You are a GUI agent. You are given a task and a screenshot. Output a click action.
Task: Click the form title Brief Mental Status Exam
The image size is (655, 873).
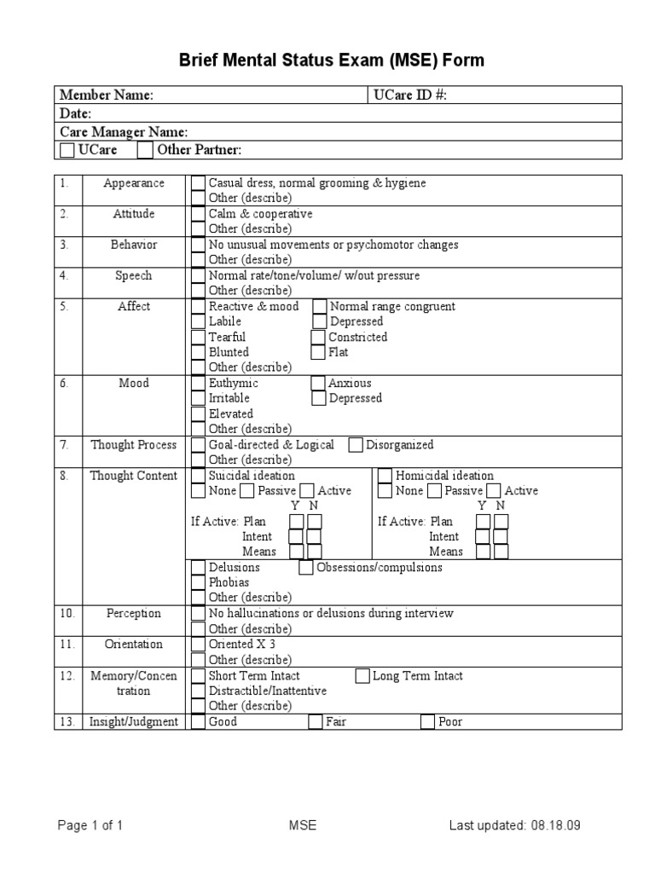[x=331, y=61]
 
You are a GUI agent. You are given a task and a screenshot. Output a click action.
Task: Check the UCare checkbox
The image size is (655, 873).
[x=67, y=151]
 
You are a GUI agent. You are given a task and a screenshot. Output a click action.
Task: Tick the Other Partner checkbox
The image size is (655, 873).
[x=145, y=151]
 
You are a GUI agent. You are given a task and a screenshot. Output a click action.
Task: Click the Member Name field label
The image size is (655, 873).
[x=106, y=95]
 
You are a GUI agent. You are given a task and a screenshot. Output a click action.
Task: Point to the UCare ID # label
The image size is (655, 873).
[x=410, y=95]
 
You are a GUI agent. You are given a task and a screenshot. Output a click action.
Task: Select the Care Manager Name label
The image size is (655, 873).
[x=124, y=132]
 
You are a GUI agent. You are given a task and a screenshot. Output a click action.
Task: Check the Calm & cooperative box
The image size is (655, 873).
[x=198, y=214]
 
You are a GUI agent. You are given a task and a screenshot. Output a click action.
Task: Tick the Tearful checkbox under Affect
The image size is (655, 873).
[x=198, y=337]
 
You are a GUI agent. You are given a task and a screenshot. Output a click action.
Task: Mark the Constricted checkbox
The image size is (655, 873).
[x=318, y=337]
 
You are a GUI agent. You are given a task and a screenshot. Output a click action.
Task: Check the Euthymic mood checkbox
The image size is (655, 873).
[x=198, y=384]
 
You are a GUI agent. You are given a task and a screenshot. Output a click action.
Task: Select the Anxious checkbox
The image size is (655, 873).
[x=318, y=384]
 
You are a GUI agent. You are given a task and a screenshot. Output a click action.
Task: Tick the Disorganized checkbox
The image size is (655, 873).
[x=356, y=445]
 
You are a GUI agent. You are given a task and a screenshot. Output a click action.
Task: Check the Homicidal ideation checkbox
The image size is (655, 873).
[x=385, y=476]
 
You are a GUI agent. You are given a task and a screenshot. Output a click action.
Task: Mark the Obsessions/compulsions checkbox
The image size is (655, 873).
[x=306, y=568]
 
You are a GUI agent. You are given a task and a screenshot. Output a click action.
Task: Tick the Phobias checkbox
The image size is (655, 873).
[x=198, y=583]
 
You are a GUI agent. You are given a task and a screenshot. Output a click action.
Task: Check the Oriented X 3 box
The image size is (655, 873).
[x=198, y=645]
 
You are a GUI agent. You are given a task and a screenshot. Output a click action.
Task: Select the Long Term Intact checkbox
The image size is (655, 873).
[x=362, y=676]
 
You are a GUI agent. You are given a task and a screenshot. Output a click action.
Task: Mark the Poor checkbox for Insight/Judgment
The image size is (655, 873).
[x=427, y=722]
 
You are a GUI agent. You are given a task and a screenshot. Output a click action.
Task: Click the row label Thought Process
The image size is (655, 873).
[x=134, y=445]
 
